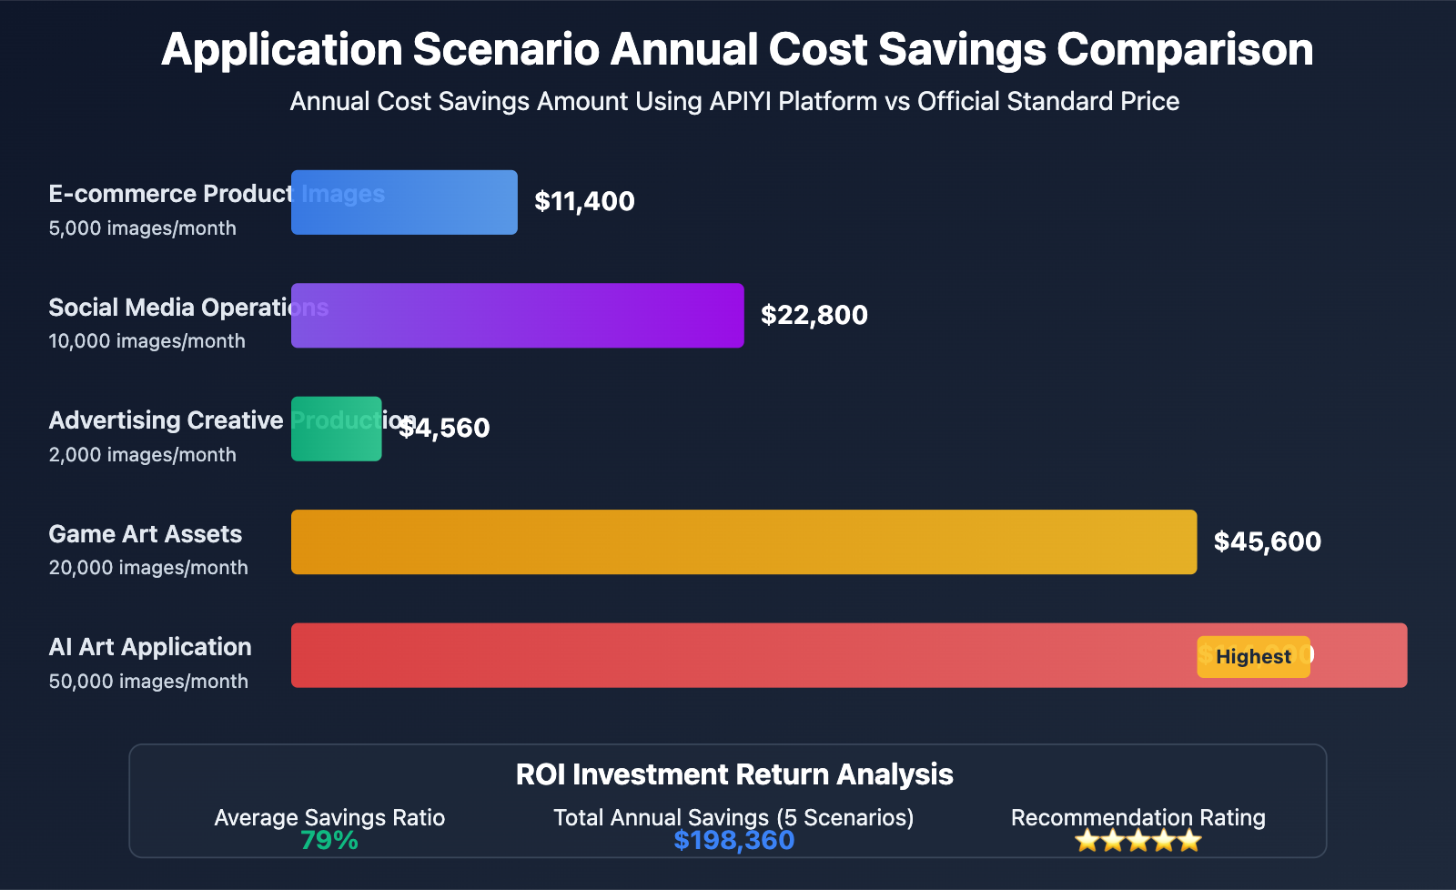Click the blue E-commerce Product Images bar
404,202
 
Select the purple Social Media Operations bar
517,316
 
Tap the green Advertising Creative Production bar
336,429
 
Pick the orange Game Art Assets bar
743,542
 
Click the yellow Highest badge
1253,657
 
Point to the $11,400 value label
584,201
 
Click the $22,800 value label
814,315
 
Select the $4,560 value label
446,428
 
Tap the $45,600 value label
1267,541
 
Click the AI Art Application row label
150,647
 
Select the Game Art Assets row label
146,534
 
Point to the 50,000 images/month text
148,682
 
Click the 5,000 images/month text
143,228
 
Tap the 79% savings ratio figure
329,841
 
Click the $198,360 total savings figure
733,841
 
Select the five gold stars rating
1137,841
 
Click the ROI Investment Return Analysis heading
733,774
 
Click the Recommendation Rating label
1137,817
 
